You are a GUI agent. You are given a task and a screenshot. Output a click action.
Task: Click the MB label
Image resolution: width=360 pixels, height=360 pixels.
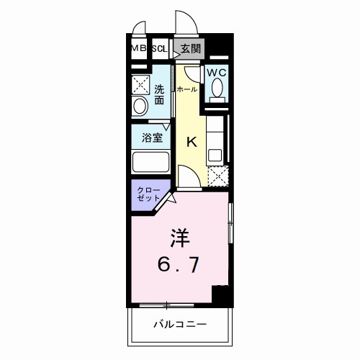[138, 49]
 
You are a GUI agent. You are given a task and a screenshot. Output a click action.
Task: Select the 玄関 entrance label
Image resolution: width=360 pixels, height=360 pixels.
[190, 49]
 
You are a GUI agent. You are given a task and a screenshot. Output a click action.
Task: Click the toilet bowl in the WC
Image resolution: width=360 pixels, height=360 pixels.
[216, 91]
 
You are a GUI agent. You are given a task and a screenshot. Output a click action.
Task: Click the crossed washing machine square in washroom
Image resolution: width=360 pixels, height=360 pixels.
[141, 84]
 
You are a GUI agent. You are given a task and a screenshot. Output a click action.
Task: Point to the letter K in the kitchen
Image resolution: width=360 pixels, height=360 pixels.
[192, 141]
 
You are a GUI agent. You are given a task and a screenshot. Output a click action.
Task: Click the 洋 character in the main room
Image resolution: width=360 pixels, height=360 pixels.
[179, 238]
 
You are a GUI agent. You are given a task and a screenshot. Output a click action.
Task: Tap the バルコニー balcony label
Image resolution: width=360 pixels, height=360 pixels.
[180, 325]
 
